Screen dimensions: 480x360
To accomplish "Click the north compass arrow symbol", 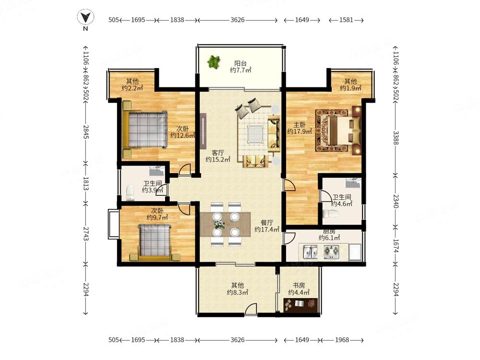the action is coord(85,17).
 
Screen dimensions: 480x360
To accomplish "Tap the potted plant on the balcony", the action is coord(214,62).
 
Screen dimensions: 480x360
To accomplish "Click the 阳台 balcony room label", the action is coord(240,63).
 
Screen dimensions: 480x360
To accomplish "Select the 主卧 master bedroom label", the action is coord(300,125).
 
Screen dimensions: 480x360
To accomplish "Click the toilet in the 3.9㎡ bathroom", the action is coord(131,192).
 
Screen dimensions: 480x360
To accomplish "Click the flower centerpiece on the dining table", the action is coord(219,224).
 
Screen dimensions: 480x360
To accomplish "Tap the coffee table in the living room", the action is coord(256,134).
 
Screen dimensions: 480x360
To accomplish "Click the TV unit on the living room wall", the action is coord(203,131).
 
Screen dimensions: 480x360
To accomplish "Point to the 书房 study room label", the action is coord(299,285).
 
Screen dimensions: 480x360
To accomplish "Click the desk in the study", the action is coord(300,305).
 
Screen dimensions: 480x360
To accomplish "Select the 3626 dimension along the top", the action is coord(238,20).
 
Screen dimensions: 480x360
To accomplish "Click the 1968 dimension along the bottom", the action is coord(342,340).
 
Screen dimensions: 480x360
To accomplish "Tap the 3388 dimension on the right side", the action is coord(396,138).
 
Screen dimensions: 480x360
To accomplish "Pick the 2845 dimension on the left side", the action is coord(86,132).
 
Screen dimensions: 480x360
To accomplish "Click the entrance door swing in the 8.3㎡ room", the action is coord(251,309).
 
